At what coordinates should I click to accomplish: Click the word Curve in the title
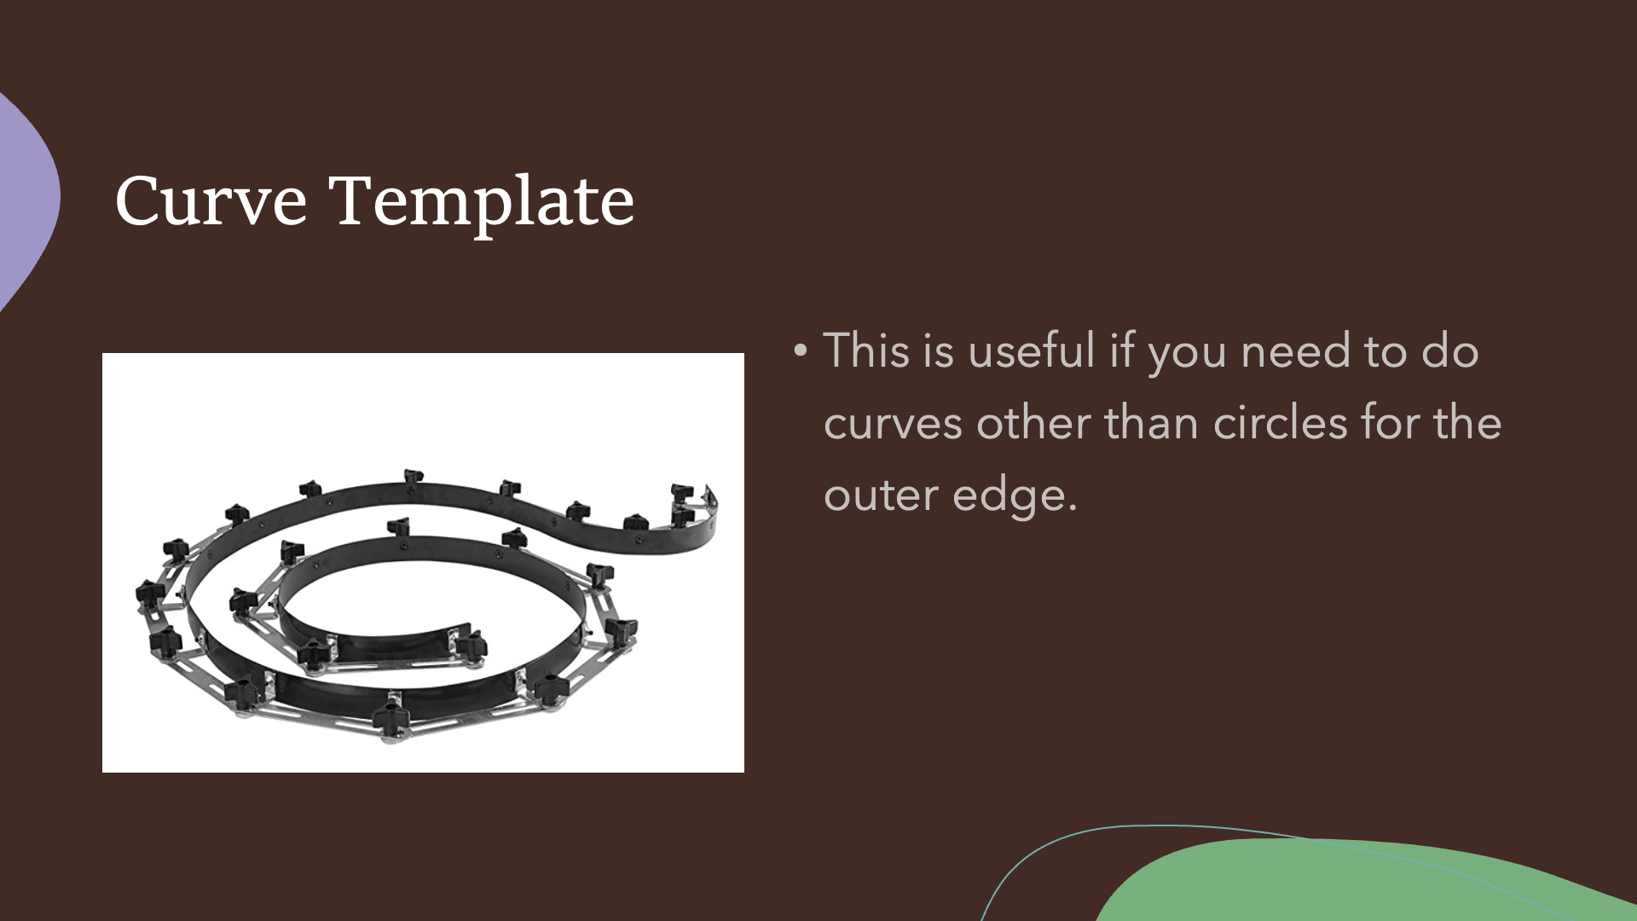point(211,201)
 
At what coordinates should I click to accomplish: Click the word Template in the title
point(482,203)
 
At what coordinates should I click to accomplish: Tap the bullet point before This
point(800,350)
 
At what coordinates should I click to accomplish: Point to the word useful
point(1032,350)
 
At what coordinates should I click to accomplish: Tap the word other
point(1033,422)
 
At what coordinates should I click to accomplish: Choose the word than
point(1152,422)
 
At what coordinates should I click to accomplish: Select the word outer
point(882,495)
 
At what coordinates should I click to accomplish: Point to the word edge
point(1015,495)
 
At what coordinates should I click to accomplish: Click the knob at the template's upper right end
point(682,494)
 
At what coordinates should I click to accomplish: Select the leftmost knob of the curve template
point(149,592)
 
